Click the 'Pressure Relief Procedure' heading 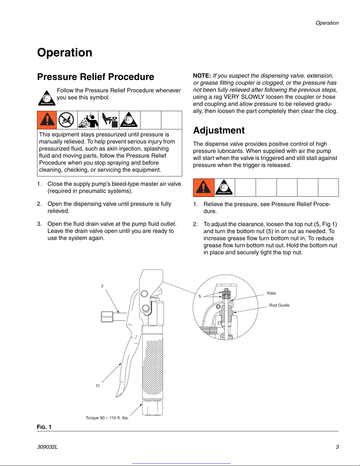click(96, 77)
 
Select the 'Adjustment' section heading click(219, 130)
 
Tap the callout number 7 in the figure click(102, 286)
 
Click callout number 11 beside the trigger click(98, 386)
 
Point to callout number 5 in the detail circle click(200, 296)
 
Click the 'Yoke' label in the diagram click(271, 293)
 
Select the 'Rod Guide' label click(279, 305)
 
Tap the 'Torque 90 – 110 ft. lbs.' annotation click(107, 418)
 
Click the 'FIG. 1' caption click(44, 427)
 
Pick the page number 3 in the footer click(337, 447)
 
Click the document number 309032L click(47, 447)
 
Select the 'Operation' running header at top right click(327, 23)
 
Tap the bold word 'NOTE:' click(202, 76)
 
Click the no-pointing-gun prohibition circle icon click(66, 120)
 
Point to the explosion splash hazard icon click(88, 120)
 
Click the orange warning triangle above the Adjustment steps click(203, 187)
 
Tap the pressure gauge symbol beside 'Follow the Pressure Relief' click(47, 98)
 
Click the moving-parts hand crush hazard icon click(109, 120)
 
